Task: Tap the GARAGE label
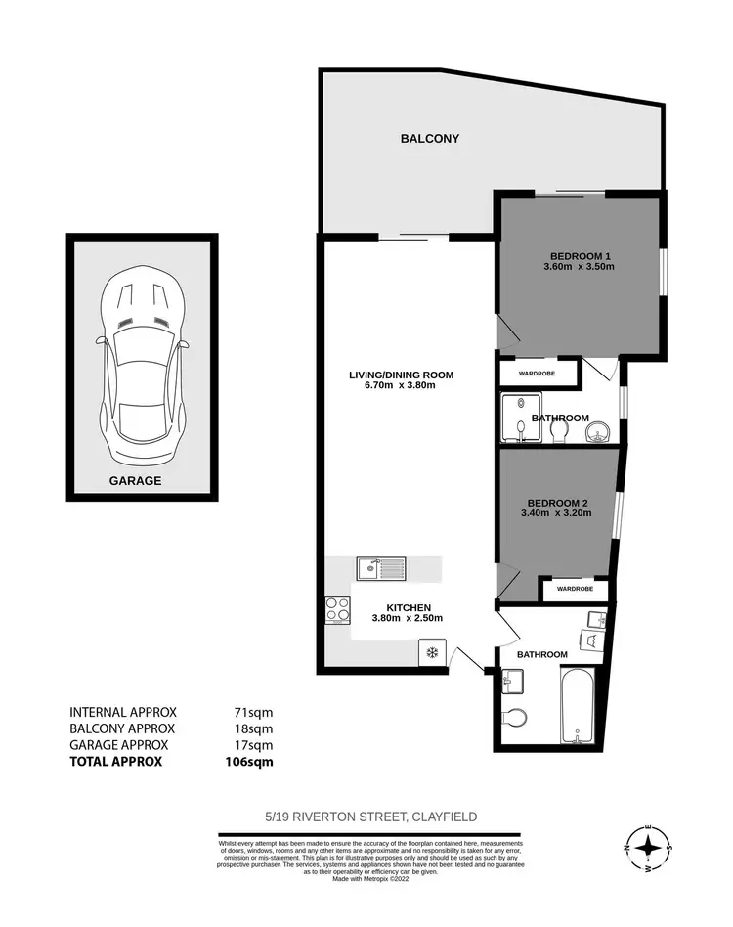point(136,481)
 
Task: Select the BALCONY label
point(429,139)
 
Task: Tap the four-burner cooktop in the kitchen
point(338,609)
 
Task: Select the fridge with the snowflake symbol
point(430,652)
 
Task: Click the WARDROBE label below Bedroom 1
point(538,373)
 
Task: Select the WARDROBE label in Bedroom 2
point(576,590)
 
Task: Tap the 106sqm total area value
point(250,761)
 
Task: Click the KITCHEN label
point(408,607)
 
